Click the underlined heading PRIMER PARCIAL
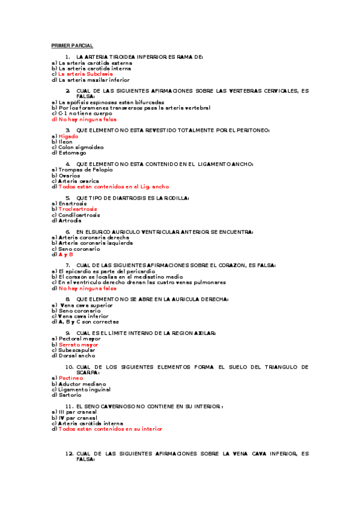pyautogui.click(x=72, y=45)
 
